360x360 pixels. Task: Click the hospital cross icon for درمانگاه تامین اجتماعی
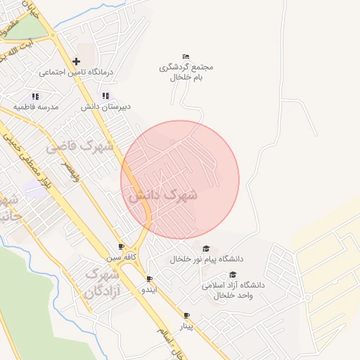(77, 61)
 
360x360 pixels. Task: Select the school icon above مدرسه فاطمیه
(34, 96)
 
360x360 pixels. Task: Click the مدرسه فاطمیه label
(34, 107)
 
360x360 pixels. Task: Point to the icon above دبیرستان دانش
(105, 96)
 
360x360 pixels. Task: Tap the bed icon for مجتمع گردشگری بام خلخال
(186, 56)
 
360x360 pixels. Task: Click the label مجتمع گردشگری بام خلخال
(186, 72)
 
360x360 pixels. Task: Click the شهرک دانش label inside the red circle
(162, 195)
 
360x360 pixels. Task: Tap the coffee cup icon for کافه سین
(121, 246)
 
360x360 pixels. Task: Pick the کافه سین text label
(121, 257)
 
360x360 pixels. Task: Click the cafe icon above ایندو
(149, 278)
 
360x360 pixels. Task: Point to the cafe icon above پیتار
(186, 315)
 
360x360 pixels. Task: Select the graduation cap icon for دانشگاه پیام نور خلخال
(206, 248)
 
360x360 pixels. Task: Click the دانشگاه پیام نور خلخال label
(200, 259)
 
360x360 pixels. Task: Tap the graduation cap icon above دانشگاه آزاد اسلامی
(233, 275)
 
